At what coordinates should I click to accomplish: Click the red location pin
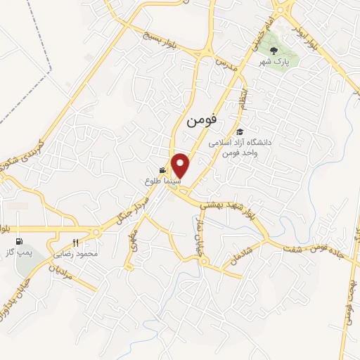(181, 165)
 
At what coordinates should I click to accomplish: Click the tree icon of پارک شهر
(274, 51)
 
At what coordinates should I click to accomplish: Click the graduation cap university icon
(239, 131)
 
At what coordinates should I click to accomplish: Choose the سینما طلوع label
(163, 181)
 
